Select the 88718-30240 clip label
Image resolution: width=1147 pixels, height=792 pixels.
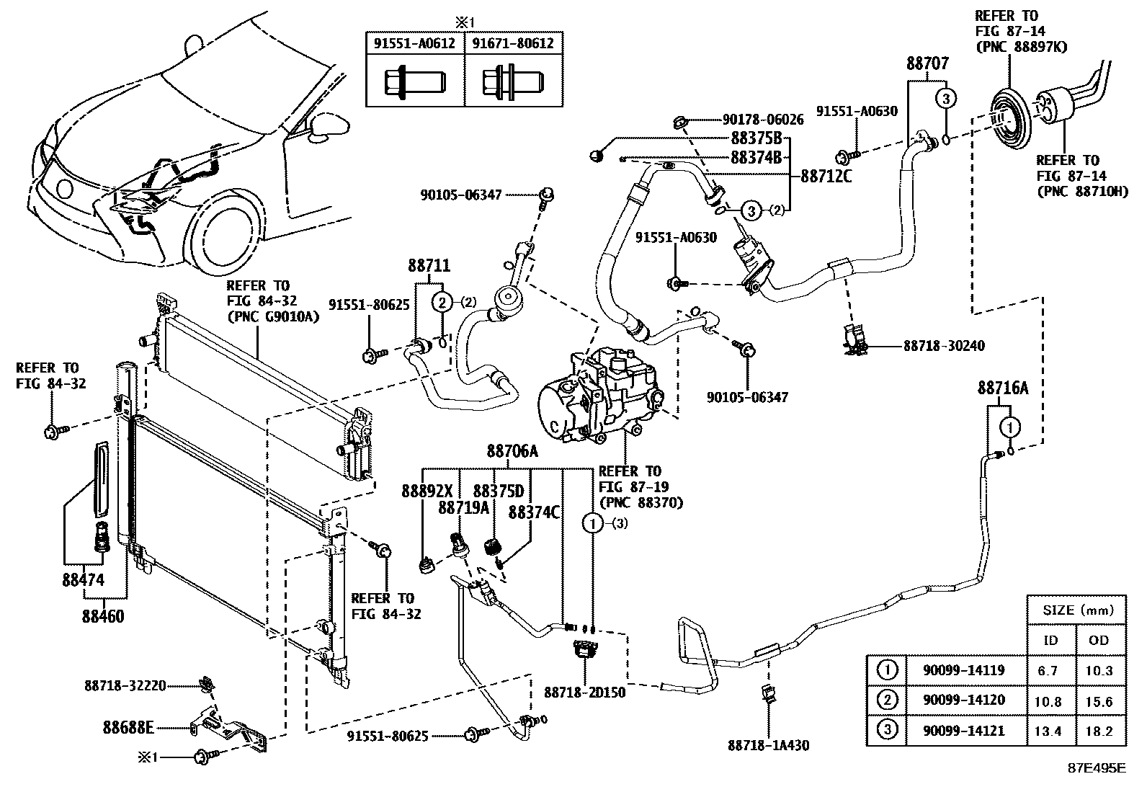(944, 347)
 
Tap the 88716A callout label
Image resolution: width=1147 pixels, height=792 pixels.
(1002, 388)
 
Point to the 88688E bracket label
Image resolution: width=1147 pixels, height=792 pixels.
(128, 728)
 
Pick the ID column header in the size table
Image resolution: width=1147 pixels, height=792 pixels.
(1051, 640)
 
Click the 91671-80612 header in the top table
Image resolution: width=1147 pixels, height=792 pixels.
(513, 43)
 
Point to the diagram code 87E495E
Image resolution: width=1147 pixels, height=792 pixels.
(1097, 768)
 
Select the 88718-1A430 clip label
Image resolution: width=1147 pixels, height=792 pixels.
(768, 745)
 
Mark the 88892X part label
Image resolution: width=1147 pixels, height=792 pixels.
(427, 491)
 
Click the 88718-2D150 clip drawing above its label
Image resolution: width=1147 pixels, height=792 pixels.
(584, 650)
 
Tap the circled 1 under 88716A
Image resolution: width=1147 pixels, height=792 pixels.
(1011, 427)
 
